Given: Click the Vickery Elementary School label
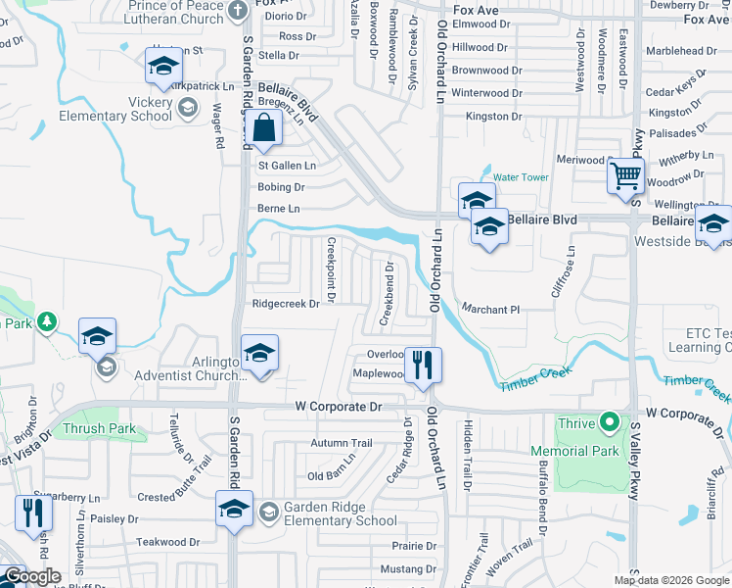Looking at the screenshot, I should coord(127,109).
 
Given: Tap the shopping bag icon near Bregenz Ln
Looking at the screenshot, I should coord(265,128).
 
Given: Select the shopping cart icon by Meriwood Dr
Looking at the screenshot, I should coord(624,178).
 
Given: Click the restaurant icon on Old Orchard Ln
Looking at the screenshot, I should coord(423,366).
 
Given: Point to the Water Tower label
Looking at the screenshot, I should coord(521,177).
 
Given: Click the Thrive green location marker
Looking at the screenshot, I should coord(610,423).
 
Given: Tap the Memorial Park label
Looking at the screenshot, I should coord(574,451).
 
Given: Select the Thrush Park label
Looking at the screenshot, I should coord(99,428).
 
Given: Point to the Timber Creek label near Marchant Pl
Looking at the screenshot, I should coord(532,387).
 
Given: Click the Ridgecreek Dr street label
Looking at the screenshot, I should coord(286,304).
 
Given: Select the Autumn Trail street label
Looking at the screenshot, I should coord(342,443).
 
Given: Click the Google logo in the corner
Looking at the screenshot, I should coord(32,576).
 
